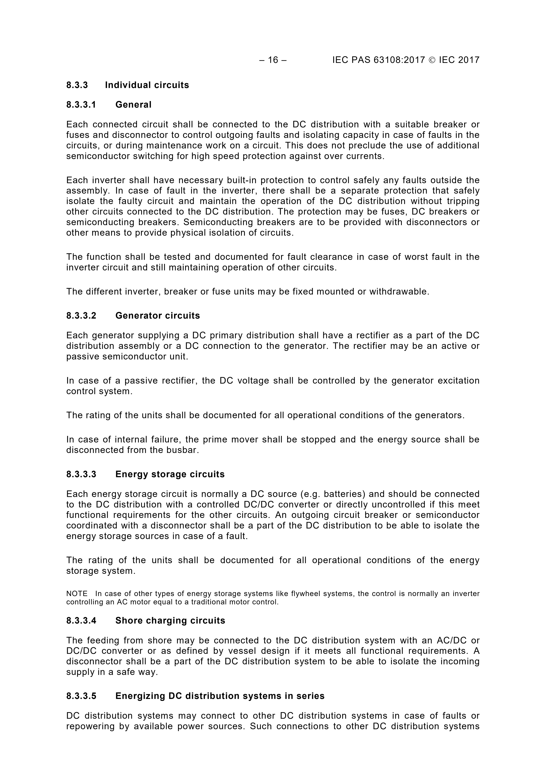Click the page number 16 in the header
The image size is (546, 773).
273,60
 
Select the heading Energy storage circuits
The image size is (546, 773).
170,474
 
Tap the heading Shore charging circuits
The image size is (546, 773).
170,621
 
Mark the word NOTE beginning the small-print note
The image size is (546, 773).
77,593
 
